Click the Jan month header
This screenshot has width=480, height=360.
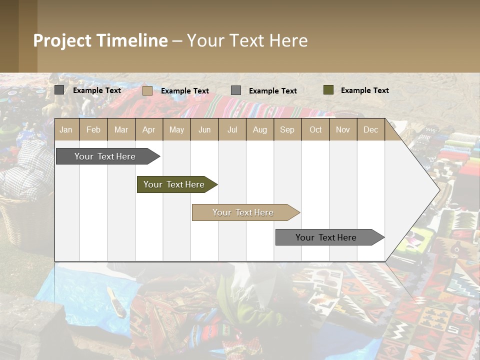(66, 129)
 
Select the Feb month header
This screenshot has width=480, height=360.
(93, 129)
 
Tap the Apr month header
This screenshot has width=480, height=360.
(149, 129)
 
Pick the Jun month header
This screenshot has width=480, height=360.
(204, 129)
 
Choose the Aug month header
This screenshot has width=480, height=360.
(260, 129)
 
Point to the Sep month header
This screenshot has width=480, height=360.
(287, 129)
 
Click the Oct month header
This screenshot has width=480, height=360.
(315, 129)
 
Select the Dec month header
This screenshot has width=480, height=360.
(371, 129)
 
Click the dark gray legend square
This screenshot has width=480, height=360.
(59, 90)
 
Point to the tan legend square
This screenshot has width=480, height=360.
(147, 90)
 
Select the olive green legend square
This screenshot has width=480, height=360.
(328, 90)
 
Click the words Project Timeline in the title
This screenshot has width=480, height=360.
(100, 40)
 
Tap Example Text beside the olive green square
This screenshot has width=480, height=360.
(365, 90)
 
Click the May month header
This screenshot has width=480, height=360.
(176, 129)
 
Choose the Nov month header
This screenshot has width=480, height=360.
(343, 129)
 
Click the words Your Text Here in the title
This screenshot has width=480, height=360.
(247, 40)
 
